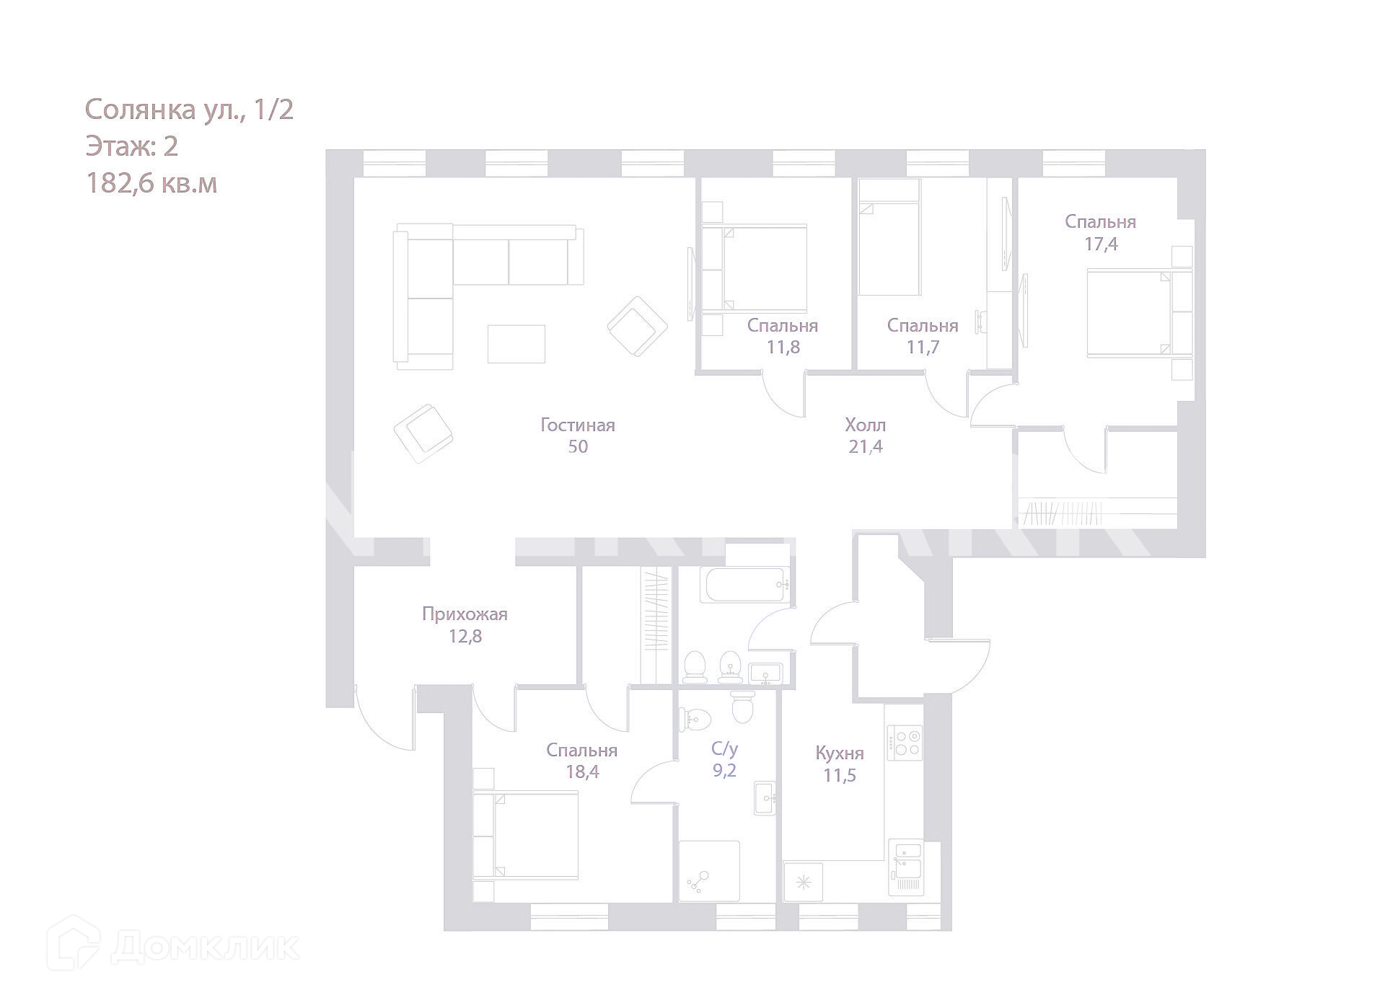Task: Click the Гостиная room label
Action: point(578,425)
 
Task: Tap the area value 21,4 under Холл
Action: point(866,447)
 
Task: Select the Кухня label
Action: point(840,753)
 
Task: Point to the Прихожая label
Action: point(465,614)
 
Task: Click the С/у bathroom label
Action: point(724,748)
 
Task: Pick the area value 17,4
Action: point(1101,244)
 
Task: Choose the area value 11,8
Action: point(783,348)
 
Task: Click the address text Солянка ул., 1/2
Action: point(189,110)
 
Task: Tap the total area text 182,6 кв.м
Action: point(151,184)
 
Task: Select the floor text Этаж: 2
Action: point(131,147)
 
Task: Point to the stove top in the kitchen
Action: point(905,742)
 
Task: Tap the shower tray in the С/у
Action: point(709,871)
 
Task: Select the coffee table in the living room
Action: point(516,344)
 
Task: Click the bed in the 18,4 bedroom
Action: point(527,834)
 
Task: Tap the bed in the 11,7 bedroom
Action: point(889,249)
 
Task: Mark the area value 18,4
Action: point(582,773)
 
